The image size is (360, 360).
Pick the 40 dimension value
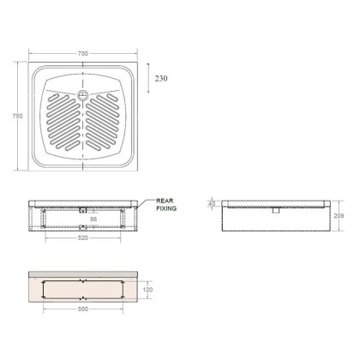(212, 204)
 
